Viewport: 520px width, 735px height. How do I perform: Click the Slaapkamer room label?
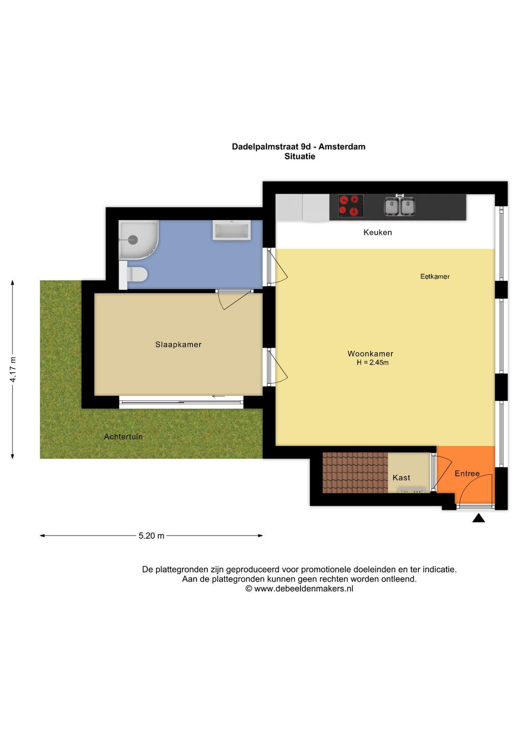(x=178, y=344)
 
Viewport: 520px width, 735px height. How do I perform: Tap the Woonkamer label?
(x=370, y=354)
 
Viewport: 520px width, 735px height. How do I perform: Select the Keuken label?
(x=377, y=232)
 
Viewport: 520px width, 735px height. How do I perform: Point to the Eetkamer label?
(x=435, y=276)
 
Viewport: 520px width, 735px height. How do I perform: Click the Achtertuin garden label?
(x=123, y=436)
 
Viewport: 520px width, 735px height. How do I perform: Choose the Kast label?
(x=401, y=477)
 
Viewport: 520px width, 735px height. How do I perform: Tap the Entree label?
(x=467, y=473)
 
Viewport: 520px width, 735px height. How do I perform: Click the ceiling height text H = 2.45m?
(x=372, y=363)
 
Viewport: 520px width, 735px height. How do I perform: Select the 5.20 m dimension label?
(x=151, y=536)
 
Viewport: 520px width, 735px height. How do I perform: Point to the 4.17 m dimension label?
(x=13, y=369)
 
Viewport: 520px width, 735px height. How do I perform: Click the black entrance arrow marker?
(x=478, y=518)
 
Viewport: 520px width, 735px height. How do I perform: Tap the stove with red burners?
(x=350, y=206)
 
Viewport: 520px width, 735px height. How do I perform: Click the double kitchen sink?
(x=399, y=206)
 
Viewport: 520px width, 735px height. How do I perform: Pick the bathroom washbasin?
(x=232, y=231)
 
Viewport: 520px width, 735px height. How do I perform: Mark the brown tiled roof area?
(x=355, y=472)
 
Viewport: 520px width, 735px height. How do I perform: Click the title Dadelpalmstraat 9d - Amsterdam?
(x=299, y=146)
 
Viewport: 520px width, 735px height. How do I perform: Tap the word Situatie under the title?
(x=299, y=157)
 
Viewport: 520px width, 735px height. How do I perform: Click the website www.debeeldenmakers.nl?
(x=303, y=589)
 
